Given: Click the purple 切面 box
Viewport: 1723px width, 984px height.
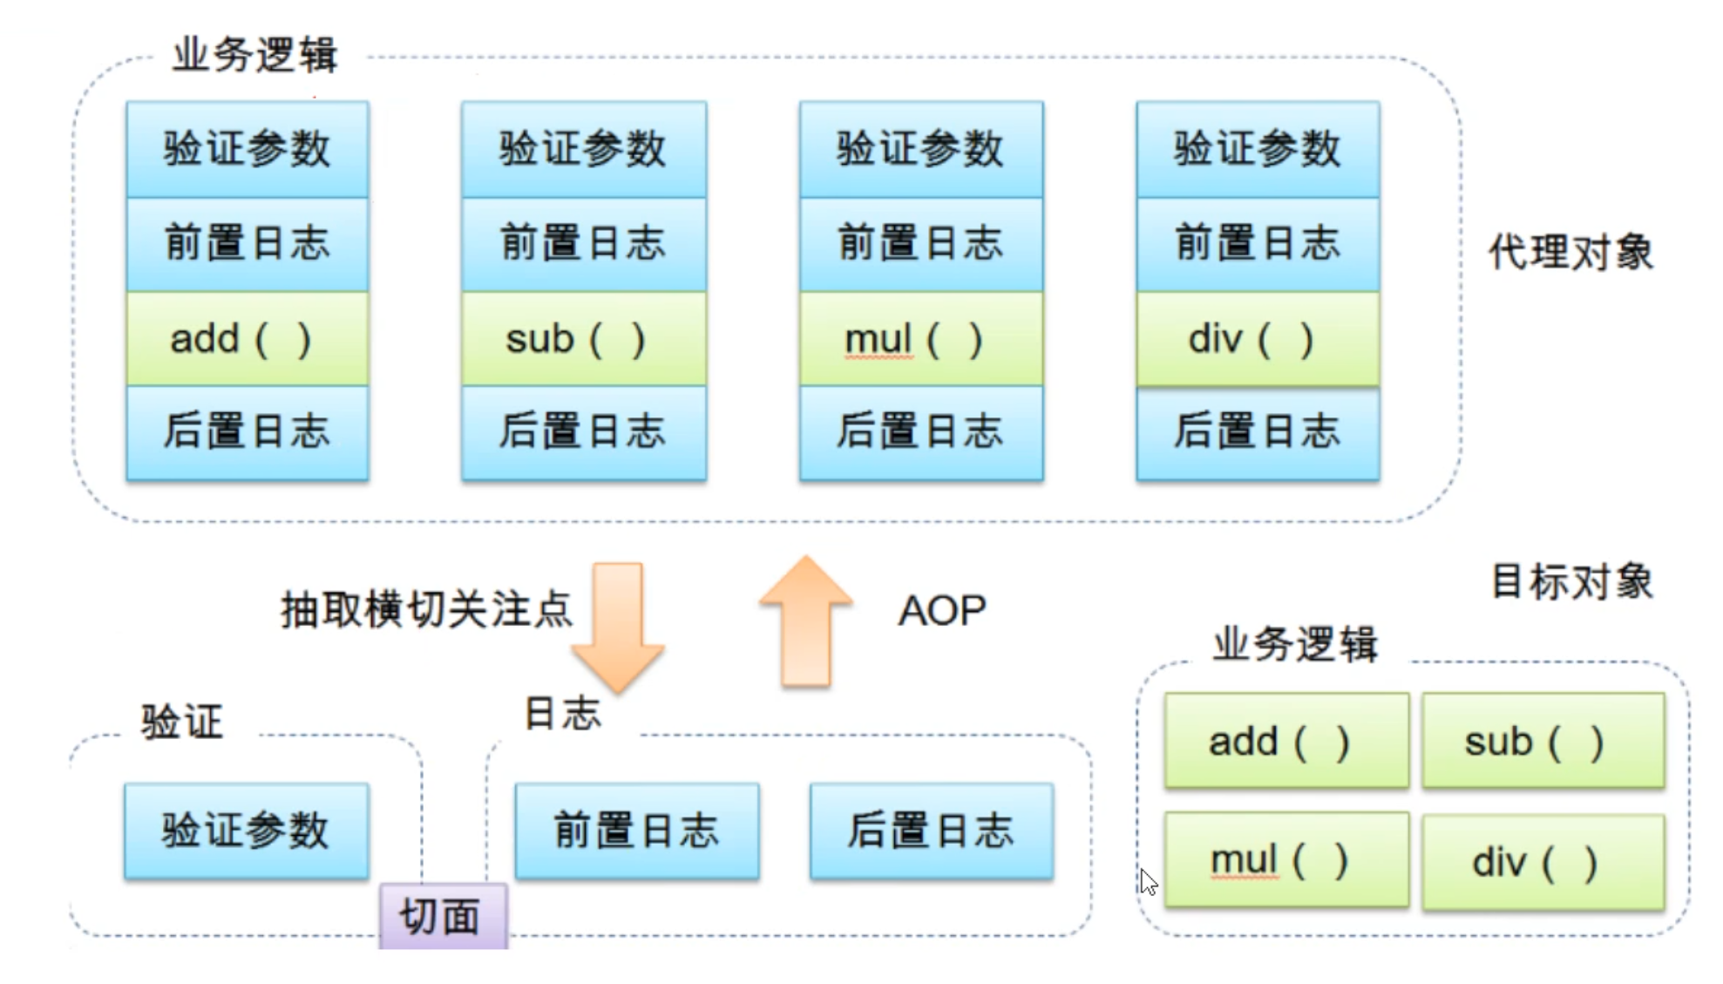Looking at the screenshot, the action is pos(444,916).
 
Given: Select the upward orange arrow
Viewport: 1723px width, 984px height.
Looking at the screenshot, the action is pos(806,621).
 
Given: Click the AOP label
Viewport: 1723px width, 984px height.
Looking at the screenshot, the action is pos(942,610).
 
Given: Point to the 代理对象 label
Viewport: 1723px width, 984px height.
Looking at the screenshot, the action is pos(1570,253).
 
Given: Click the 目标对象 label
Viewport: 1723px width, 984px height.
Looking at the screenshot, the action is pos(1572,581).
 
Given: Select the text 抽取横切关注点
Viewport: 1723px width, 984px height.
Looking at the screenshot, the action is pos(426,608).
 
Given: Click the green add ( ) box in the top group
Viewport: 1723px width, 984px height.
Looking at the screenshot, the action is pos(248,338).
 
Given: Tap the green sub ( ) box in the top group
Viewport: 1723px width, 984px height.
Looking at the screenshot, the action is pos(584,338).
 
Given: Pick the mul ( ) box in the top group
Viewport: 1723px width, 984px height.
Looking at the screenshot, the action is pos(921,338).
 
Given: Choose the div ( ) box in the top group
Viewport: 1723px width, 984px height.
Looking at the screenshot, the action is pos(1258,338).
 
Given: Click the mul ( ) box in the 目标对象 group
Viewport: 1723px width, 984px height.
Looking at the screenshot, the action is pos(1286,860).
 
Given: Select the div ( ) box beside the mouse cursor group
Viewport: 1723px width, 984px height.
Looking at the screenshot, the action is pos(1543,862).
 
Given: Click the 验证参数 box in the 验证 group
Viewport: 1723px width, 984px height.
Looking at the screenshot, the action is pos(247,830).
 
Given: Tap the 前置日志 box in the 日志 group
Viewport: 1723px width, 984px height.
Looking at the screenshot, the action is pos(637,830).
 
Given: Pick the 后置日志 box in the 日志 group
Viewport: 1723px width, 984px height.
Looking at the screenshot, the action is pos(932,830).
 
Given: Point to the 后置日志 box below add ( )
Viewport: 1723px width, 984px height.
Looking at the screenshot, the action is pos(248,432).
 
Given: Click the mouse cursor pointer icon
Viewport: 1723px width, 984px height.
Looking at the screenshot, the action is pos(1149,882).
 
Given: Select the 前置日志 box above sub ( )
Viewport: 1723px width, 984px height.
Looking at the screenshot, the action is pos(584,244).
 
